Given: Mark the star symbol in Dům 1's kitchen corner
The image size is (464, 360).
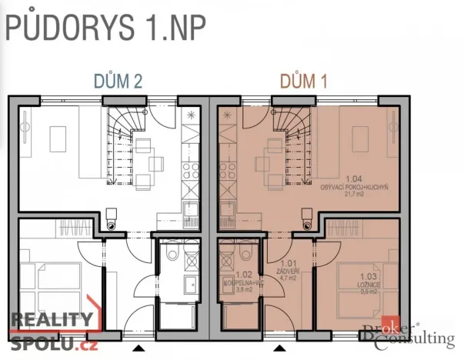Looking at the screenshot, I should tap(226, 115).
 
